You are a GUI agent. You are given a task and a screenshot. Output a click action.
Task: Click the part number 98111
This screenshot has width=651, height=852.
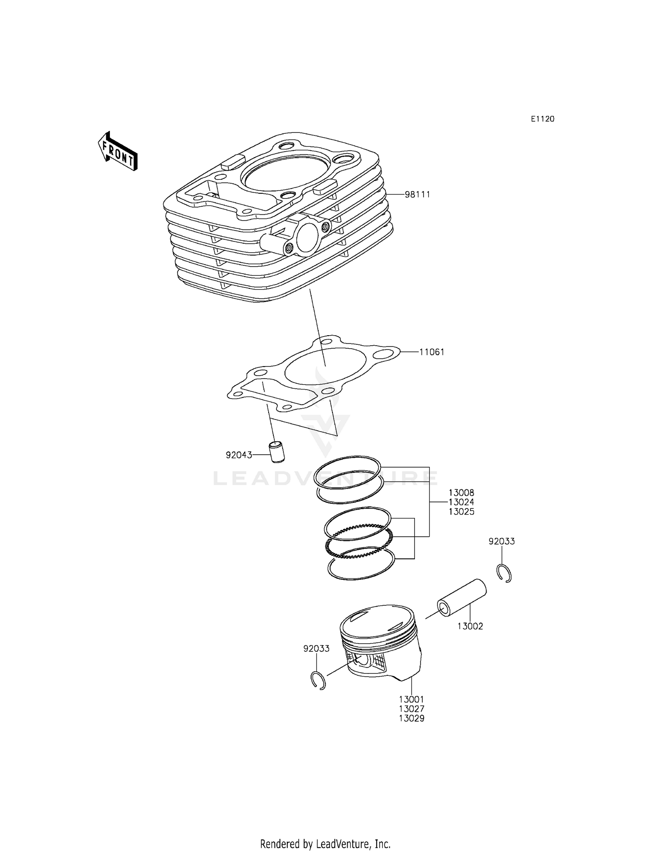point(417,195)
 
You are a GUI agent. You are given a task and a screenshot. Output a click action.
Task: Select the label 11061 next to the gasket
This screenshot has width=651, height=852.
point(431,352)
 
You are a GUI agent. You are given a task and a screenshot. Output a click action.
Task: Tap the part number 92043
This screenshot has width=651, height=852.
point(239,455)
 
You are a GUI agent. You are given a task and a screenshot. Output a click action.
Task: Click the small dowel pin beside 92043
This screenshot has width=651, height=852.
point(276,452)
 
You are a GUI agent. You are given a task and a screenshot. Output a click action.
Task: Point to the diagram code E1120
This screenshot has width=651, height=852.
point(542,119)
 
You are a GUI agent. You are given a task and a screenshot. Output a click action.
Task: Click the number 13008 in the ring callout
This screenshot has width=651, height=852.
point(461,493)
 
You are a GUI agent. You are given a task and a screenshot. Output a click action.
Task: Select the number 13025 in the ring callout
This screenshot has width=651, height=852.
point(461,512)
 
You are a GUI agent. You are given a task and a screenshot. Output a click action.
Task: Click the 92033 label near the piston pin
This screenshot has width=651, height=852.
point(501,542)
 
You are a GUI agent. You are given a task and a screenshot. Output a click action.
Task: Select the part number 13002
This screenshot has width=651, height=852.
point(470,626)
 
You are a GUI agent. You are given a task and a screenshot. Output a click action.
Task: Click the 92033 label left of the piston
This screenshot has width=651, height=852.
point(316,649)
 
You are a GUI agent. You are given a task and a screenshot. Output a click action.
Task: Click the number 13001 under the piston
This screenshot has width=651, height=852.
point(411,700)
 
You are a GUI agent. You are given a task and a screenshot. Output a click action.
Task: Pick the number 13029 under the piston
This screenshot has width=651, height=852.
point(411,718)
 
